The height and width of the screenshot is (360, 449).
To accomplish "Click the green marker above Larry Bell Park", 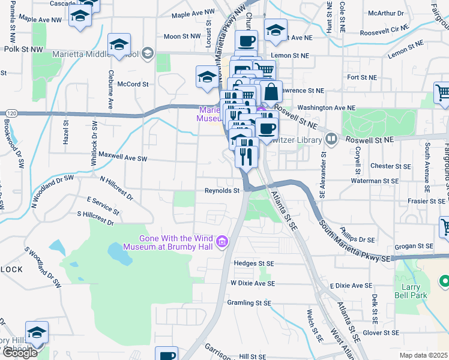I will (x=444, y=281).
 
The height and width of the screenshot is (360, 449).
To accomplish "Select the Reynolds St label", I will (x=222, y=191).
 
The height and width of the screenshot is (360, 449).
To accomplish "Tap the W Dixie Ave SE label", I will (x=252, y=283).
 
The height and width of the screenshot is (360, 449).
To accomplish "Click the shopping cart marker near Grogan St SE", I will (x=445, y=226).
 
